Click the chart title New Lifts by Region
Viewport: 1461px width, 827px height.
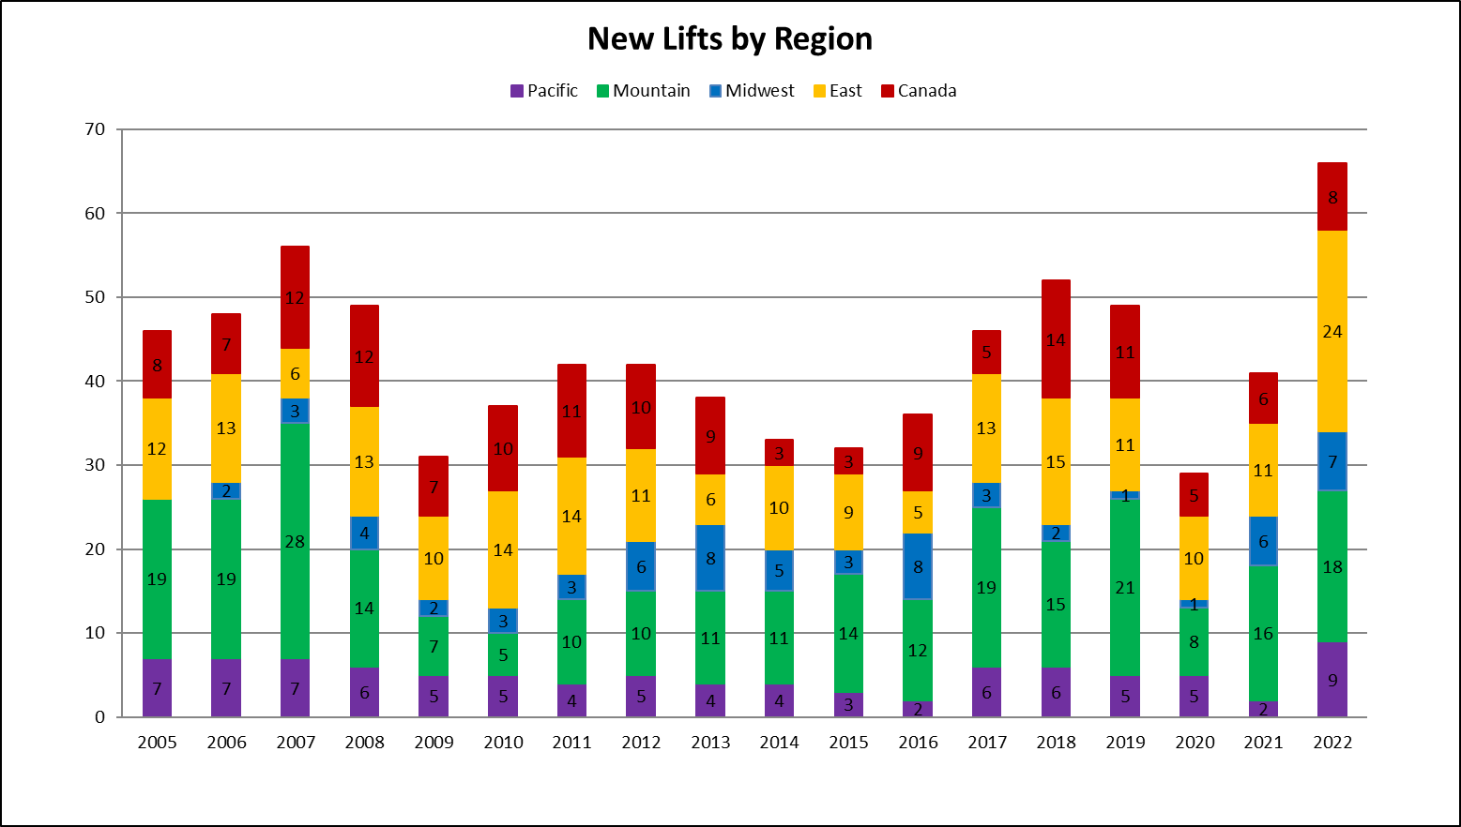click(729, 39)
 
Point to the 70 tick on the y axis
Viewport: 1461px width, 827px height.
click(95, 129)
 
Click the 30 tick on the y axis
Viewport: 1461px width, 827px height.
click(95, 465)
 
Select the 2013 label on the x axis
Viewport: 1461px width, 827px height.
click(710, 743)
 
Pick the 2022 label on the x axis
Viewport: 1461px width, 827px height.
click(1332, 743)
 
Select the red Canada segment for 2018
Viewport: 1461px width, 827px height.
click(1056, 319)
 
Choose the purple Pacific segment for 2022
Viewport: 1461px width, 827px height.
click(1332, 680)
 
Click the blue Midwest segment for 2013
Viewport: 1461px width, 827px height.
click(710, 558)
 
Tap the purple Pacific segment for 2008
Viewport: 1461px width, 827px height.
click(364, 692)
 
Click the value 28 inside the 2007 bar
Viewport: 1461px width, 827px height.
click(295, 542)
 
